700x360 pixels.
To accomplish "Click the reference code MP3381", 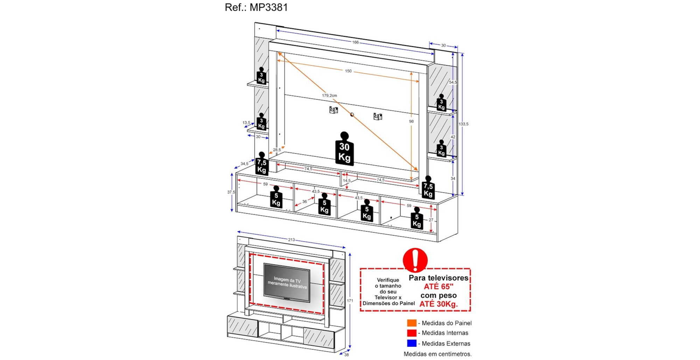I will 268,7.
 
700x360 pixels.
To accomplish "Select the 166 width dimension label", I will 355,42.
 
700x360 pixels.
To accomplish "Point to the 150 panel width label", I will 348,71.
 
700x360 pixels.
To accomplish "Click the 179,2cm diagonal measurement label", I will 329,96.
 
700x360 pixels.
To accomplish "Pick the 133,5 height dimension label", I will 463,124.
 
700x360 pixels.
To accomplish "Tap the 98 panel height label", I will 411,122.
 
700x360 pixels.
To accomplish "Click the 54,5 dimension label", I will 453,82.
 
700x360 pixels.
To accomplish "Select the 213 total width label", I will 291,240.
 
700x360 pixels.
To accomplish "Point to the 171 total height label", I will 350,301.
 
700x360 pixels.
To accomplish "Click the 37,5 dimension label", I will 231,192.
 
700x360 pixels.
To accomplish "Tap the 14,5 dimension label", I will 346,181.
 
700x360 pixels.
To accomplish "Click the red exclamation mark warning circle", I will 415,260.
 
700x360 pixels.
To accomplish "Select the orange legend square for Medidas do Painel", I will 412,323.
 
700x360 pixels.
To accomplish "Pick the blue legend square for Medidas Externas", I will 412,343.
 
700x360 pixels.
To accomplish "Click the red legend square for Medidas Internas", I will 412,333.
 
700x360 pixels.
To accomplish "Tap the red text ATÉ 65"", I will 439,286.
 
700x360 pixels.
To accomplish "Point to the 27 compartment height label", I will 431,220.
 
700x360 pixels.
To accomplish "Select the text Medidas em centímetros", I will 437,354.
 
